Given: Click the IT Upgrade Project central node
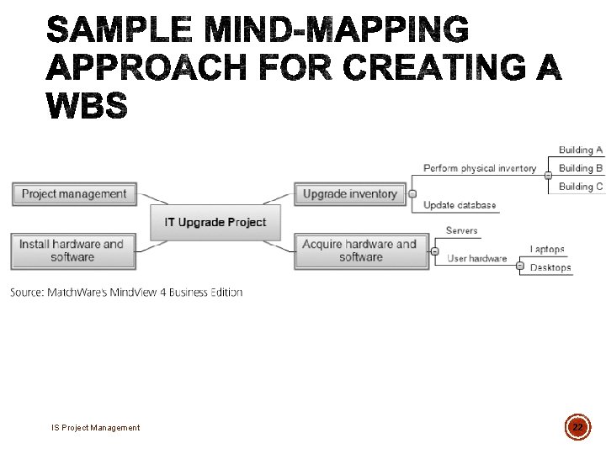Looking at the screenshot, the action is click(215, 223).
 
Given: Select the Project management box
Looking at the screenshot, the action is click(74, 194).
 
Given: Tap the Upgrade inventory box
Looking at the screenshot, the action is click(349, 194).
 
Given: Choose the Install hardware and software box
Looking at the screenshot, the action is click(72, 251).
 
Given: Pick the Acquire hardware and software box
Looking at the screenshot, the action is click(359, 251).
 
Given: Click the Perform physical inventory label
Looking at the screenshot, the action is click(479, 168).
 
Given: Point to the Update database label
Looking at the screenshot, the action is click(460, 205).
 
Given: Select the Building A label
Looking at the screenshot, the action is click(581, 150).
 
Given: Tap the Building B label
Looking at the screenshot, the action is click(581, 168).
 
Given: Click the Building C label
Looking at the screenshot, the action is click(581, 187).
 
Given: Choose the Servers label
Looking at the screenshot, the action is click(461, 230).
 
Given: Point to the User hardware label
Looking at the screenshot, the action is click(477, 259).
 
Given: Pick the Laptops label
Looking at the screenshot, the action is click(547, 250).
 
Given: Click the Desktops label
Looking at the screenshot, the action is click(550, 268).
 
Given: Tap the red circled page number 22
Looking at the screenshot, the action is click(577, 427).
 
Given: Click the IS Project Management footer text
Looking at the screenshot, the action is click(95, 428).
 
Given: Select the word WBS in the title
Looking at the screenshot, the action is click(87, 106).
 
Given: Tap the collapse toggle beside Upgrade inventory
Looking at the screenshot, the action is click(412, 194).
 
